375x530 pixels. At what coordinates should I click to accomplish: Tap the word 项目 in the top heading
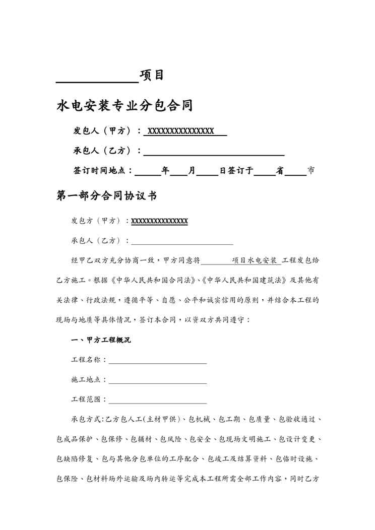click(x=152, y=76)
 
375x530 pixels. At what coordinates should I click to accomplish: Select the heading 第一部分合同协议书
click(x=106, y=196)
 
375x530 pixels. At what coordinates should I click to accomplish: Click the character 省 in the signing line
click(x=280, y=171)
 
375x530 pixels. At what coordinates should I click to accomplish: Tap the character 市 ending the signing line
click(x=311, y=171)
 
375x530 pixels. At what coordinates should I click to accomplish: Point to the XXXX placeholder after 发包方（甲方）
click(x=159, y=221)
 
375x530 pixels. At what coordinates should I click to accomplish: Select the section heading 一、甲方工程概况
click(x=101, y=341)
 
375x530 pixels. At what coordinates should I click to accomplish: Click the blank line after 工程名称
click(x=157, y=362)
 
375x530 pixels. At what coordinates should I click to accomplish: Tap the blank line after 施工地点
click(x=157, y=382)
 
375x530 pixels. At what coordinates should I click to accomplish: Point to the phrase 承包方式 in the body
click(x=86, y=419)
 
